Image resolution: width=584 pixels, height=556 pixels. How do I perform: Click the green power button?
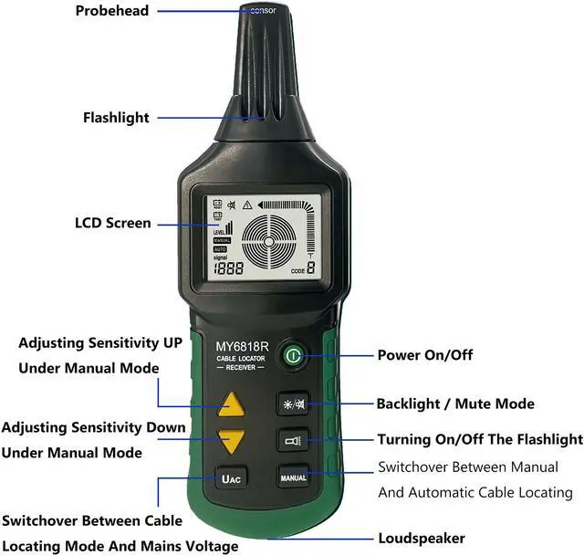pos(292,355)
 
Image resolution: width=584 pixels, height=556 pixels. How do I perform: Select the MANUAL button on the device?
pos(293,477)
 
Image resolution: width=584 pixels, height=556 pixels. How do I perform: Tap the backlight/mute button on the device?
pos(293,404)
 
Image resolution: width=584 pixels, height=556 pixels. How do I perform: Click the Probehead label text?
pos(114,11)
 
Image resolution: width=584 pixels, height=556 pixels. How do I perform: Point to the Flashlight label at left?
pos(116,118)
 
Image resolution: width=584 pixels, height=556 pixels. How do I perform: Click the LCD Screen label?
pos(112,223)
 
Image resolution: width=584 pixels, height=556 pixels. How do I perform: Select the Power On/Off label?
pos(425,355)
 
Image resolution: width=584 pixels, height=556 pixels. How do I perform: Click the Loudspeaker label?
pos(422,538)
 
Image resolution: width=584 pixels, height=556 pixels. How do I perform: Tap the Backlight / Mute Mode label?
pos(455,404)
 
